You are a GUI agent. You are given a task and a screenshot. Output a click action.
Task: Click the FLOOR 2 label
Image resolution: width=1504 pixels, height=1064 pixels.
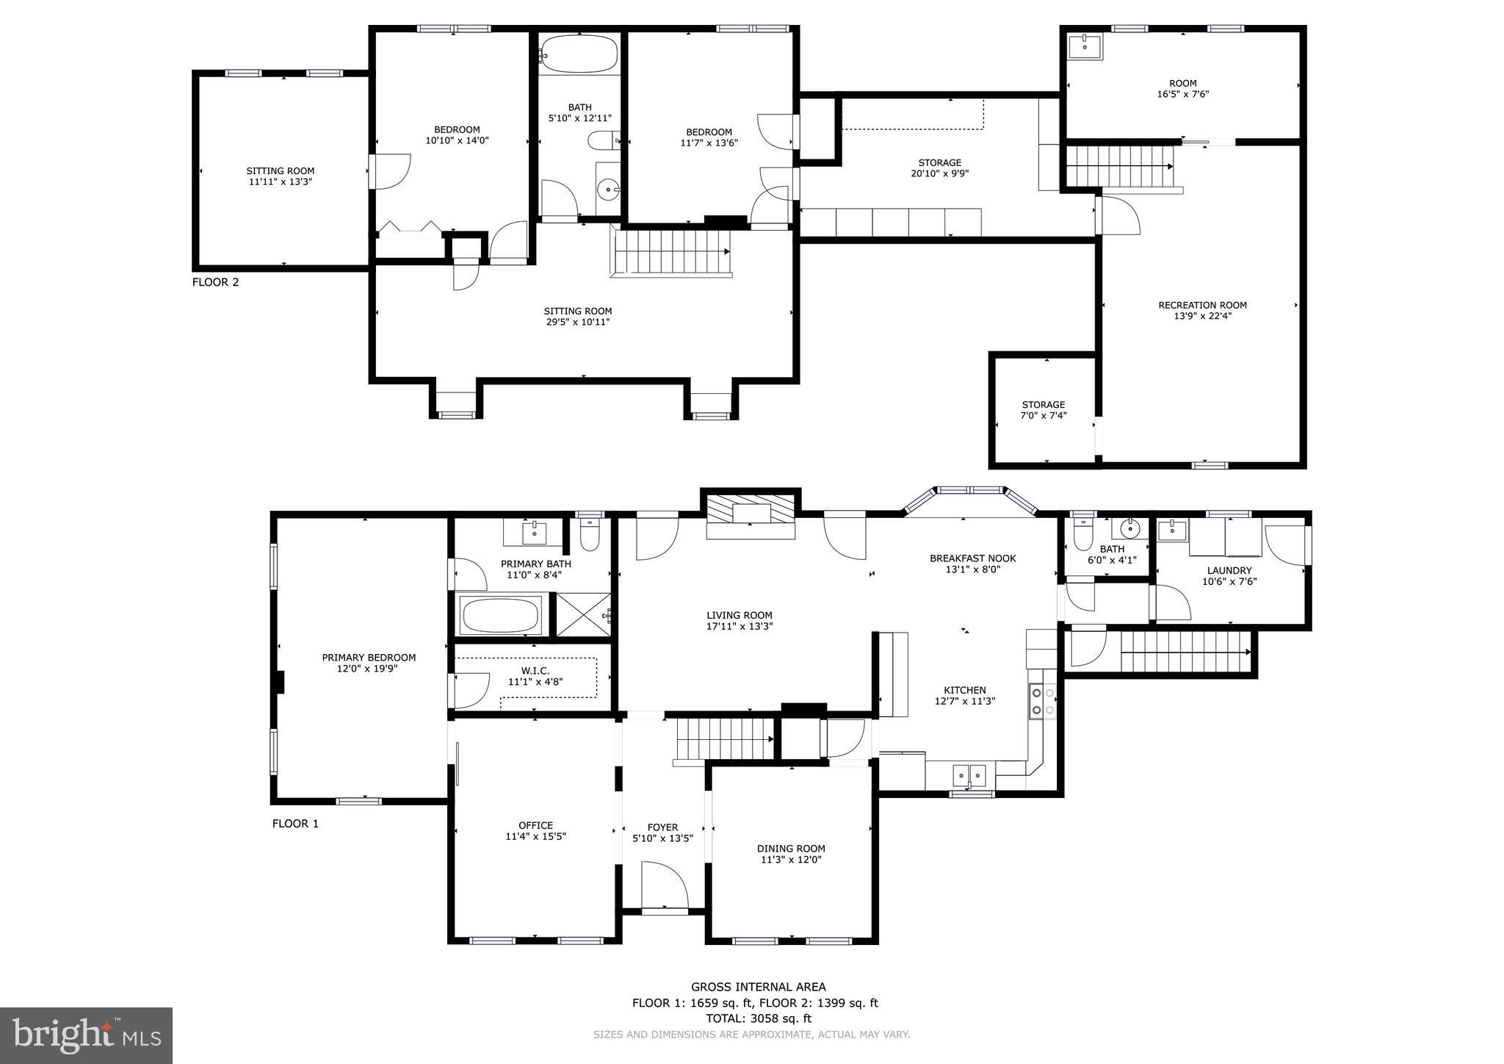[x=215, y=282]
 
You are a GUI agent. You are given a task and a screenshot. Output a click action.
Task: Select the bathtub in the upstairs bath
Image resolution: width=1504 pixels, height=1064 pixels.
[x=579, y=54]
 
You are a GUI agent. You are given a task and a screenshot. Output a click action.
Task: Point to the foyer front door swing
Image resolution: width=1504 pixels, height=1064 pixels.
[x=664, y=887]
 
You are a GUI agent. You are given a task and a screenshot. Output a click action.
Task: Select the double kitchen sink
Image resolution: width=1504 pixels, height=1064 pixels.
[x=969, y=775]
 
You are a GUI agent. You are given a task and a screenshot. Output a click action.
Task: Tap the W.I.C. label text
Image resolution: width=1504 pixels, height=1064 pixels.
[x=535, y=671]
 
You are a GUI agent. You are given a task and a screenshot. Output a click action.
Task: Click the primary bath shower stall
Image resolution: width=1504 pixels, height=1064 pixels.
[x=583, y=614]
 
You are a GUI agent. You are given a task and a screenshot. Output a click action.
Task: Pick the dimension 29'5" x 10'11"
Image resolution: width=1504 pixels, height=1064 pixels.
[x=577, y=322]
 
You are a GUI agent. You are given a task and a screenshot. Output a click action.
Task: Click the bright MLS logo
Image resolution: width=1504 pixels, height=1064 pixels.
[x=86, y=1035]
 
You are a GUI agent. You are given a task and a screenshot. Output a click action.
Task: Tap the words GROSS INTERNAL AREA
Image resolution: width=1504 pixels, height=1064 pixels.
[x=758, y=987]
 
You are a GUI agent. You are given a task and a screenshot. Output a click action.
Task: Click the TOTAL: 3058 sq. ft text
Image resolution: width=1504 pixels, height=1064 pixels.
[x=758, y=1018]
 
